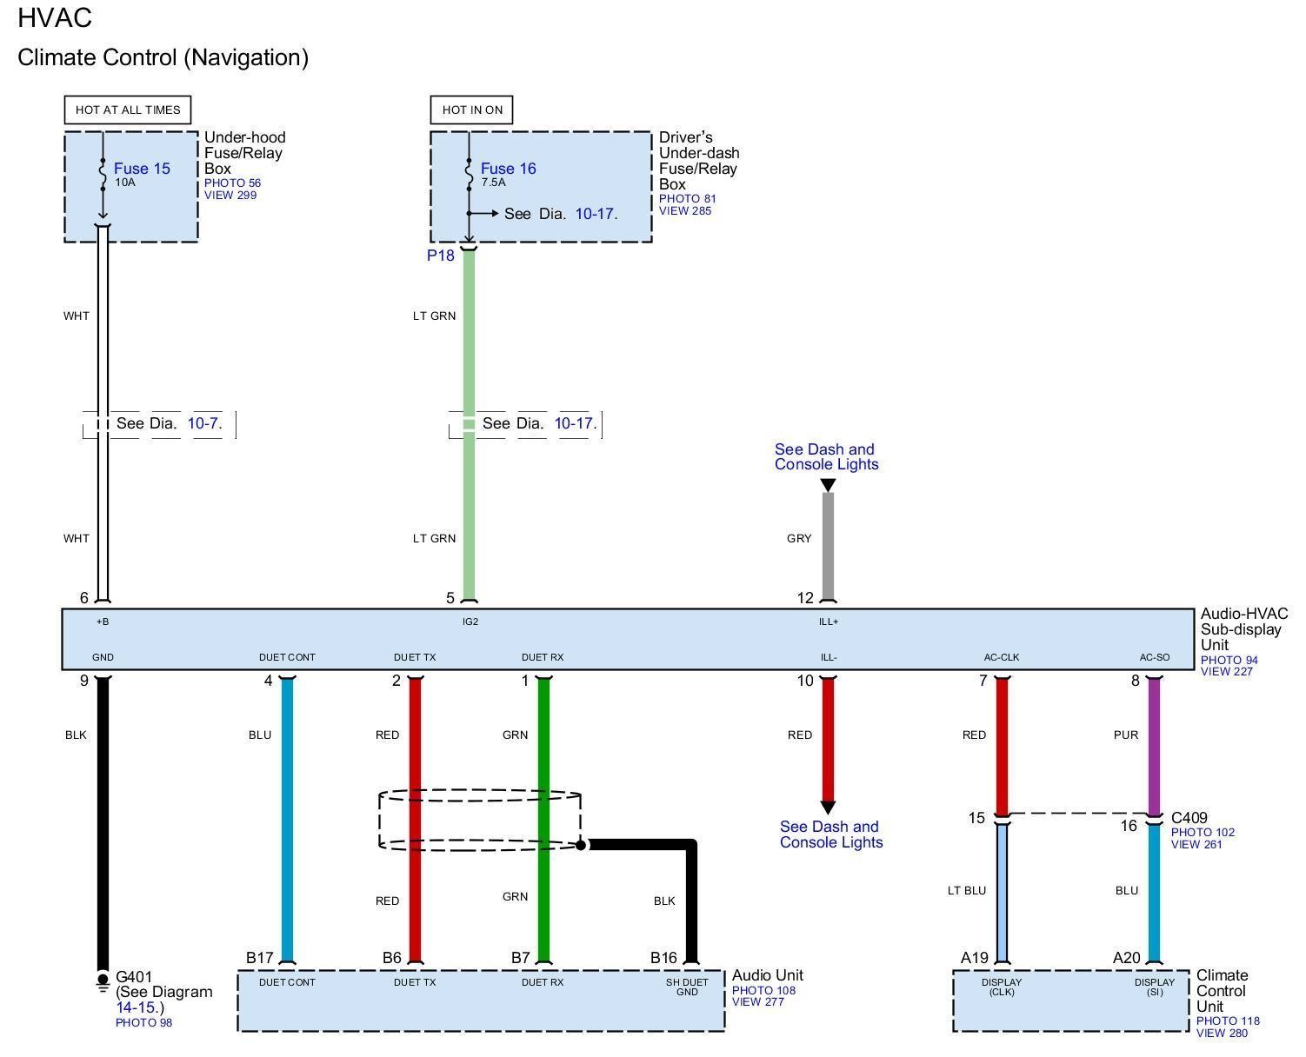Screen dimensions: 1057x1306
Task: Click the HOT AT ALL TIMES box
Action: coord(128,110)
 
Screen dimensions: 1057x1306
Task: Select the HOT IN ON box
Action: coord(472,110)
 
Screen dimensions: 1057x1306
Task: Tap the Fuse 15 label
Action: coord(142,169)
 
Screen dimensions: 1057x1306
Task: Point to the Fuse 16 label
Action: coord(508,169)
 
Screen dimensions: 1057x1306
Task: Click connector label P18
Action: coord(440,256)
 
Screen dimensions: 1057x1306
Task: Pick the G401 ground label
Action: coord(133,977)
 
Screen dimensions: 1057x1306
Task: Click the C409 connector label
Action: coord(1189,818)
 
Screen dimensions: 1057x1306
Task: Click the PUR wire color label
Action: coord(1125,735)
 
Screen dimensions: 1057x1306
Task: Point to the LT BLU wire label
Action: coord(966,890)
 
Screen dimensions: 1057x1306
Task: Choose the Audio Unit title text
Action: coord(767,975)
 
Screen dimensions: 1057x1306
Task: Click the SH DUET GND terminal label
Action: coord(687,987)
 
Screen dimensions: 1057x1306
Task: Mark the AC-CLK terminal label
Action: coord(1001,657)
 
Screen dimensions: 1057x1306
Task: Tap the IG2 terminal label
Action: coord(470,622)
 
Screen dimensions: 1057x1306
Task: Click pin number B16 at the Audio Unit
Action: coord(663,958)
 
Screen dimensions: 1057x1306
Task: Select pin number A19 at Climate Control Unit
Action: coord(974,958)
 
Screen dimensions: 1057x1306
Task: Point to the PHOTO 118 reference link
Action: coord(1227,1021)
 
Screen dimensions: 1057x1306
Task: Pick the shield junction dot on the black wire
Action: coord(581,844)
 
